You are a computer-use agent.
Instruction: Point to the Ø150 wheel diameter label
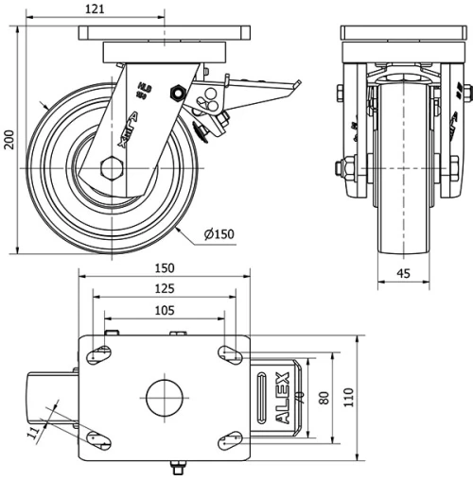click(219, 233)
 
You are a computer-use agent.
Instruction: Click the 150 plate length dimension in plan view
click(166, 270)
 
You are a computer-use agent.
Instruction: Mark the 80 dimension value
click(324, 398)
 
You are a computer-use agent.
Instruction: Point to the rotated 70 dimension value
click(299, 396)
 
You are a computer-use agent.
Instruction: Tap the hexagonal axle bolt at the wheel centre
click(111, 170)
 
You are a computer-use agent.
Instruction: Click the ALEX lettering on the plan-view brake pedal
click(282, 398)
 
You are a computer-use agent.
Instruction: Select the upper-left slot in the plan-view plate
click(97, 354)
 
